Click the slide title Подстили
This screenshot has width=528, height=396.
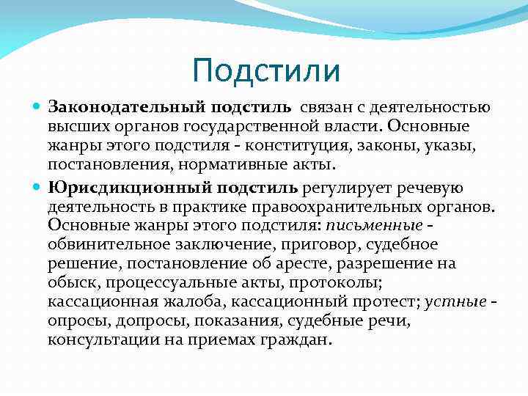[x=266, y=71]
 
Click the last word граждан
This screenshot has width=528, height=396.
[x=298, y=339]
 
